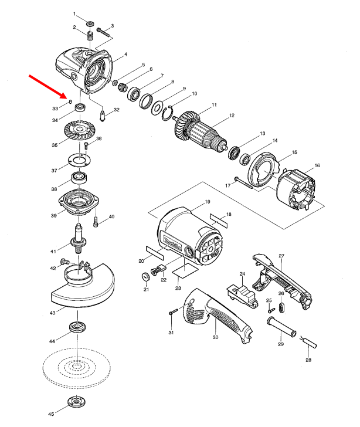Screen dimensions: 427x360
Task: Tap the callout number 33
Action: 55,109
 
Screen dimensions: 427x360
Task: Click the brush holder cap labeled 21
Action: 145,277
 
